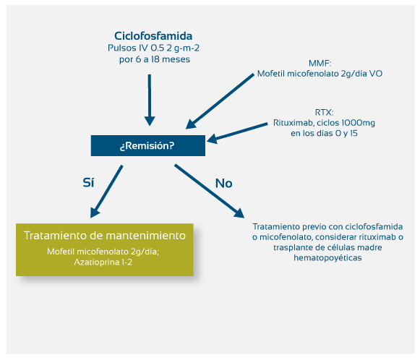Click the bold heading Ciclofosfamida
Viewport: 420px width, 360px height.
(x=153, y=36)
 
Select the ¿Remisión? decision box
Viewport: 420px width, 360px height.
(x=148, y=145)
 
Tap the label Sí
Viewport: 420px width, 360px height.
(x=88, y=183)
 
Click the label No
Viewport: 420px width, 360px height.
(x=223, y=184)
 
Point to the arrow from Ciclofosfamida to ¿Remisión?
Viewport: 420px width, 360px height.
(x=150, y=100)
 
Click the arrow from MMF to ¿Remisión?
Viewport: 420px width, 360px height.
(x=220, y=101)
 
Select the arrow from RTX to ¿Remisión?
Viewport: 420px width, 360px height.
(x=237, y=133)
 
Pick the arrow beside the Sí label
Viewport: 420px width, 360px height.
(x=106, y=192)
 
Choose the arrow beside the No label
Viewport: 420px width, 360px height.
(x=209, y=191)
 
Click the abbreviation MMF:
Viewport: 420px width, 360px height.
(x=320, y=64)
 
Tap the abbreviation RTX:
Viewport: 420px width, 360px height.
(x=324, y=112)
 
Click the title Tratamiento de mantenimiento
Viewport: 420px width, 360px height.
(x=105, y=236)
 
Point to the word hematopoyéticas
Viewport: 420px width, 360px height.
(x=327, y=258)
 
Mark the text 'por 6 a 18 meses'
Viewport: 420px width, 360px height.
(x=155, y=59)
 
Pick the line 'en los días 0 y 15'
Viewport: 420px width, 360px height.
(x=324, y=134)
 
